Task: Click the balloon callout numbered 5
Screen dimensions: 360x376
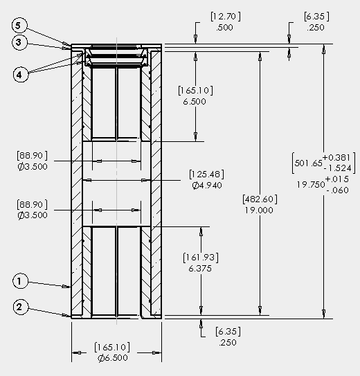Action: tap(19, 26)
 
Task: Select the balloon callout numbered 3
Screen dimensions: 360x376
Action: tap(19, 42)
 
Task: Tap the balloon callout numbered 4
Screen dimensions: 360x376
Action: tap(21, 75)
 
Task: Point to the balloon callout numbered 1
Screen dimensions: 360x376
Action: tap(20, 281)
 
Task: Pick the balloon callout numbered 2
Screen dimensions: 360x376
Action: tap(21, 307)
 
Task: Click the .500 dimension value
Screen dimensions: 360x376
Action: tap(224, 27)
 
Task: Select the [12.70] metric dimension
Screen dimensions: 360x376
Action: tap(226, 17)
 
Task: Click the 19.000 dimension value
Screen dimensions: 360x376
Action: tap(259, 211)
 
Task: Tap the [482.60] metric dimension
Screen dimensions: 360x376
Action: tap(260, 199)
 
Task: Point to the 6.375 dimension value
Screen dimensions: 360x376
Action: tap(200, 269)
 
